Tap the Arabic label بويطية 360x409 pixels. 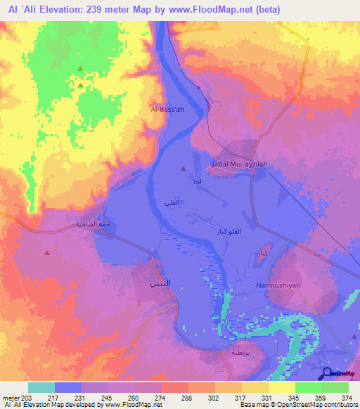pos(231,351)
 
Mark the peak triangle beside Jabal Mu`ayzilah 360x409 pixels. pos(184,169)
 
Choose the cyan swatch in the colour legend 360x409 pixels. pos(41,387)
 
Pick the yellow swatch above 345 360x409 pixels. pos(281,387)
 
